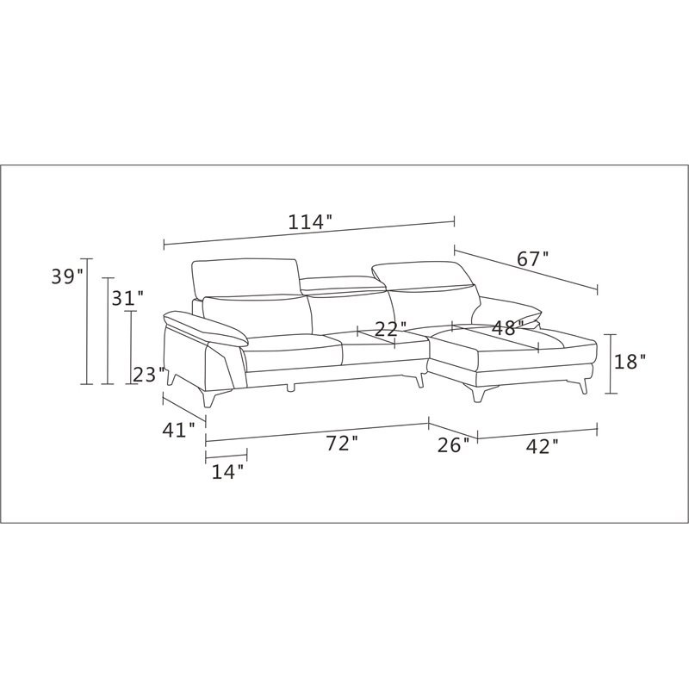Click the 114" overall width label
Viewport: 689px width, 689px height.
(x=309, y=222)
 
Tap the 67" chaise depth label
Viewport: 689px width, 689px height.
(x=533, y=259)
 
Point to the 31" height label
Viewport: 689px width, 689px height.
(x=127, y=298)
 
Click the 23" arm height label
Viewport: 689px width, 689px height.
(x=149, y=375)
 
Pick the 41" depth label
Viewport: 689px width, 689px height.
(x=179, y=430)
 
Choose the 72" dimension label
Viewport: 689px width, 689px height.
(x=343, y=444)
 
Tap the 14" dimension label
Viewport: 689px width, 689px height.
(x=228, y=472)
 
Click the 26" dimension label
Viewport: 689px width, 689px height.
(x=454, y=445)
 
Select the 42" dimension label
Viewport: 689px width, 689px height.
(x=543, y=447)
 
